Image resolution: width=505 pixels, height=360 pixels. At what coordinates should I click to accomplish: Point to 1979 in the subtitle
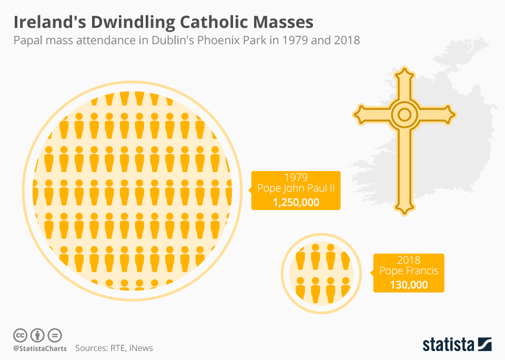coord(293,41)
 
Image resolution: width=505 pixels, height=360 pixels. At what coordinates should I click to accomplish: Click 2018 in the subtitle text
coord(347,41)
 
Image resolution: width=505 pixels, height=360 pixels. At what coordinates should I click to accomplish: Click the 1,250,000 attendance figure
coord(296,202)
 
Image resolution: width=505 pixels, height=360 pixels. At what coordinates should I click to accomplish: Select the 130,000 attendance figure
coord(409,285)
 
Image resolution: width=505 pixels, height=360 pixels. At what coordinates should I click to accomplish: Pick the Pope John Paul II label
coord(296,189)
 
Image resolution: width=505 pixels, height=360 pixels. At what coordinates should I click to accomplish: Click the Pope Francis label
coord(409,272)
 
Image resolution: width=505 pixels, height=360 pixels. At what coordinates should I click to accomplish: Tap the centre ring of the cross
coord(404,114)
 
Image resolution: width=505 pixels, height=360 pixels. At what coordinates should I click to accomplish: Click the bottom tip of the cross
coord(404,211)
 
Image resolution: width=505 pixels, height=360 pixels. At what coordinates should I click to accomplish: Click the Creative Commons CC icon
coord(20,335)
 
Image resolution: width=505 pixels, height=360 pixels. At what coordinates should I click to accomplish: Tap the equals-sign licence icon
coord(55,335)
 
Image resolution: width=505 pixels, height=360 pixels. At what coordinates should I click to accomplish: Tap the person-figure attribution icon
coord(37,335)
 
